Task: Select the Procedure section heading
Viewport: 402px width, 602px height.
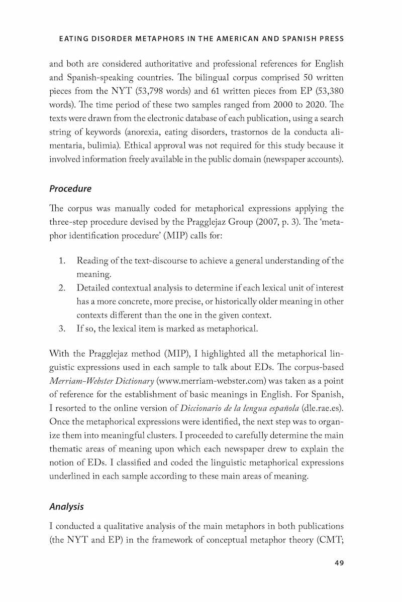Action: pos(70,189)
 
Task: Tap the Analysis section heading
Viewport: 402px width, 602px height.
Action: pos(66,506)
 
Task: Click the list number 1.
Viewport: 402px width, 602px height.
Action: pos(62,261)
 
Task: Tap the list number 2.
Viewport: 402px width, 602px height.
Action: pos(62,288)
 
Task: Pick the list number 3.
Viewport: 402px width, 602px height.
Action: pos(62,329)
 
